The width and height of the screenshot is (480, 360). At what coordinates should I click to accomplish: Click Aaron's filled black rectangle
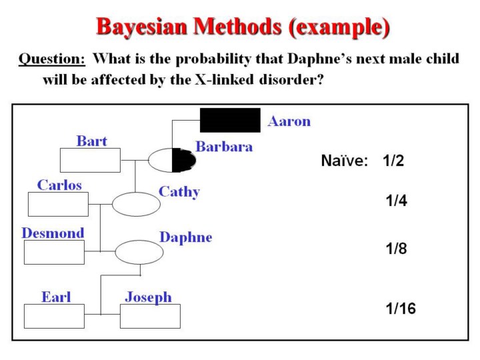click(x=230, y=120)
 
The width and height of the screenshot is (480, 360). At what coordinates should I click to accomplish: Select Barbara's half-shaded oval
click(x=172, y=160)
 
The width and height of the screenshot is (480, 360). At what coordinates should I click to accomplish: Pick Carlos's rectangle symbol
click(x=58, y=204)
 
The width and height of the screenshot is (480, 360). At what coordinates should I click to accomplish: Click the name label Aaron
click(x=289, y=121)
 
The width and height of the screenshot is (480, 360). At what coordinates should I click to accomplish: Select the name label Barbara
click(x=224, y=146)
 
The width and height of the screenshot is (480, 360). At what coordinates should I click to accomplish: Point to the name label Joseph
click(x=149, y=297)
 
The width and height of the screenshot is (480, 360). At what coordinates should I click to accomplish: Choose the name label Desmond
click(x=53, y=233)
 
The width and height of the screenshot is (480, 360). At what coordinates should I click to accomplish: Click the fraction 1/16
click(x=401, y=308)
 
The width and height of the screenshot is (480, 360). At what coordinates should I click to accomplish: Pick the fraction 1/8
click(x=397, y=248)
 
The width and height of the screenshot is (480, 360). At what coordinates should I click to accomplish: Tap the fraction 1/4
click(x=397, y=201)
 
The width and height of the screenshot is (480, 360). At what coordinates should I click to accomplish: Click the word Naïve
click(x=345, y=161)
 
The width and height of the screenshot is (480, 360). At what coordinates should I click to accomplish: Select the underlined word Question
click(x=52, y=59)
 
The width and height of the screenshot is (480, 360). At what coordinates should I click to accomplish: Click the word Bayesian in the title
click(x=142, y=26)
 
